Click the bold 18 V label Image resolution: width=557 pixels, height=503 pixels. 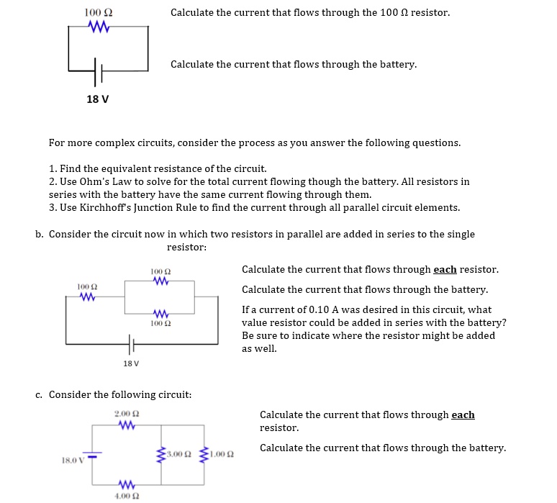[98, 99]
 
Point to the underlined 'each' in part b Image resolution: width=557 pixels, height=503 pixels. [445, 270]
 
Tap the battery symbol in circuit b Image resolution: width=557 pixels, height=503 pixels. [131, 345]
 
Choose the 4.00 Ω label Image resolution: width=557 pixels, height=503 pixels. [127, 496]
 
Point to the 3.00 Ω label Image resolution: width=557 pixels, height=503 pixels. [177, 455]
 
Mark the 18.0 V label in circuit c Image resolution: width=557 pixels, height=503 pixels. [72, 458]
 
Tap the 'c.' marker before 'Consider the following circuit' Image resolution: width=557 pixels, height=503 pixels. [40, 395]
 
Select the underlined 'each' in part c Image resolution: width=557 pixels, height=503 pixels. [463, 415]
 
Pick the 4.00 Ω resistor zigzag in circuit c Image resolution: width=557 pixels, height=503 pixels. [127, 483]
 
